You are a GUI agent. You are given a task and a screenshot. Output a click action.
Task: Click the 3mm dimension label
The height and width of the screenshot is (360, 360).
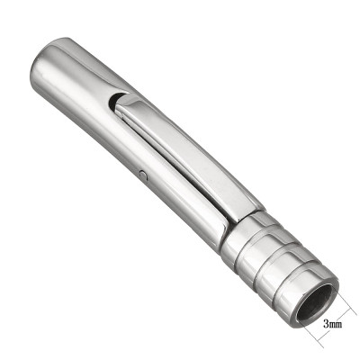tap(331, 319)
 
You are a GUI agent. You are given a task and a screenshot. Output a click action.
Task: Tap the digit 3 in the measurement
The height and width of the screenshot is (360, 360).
tap(324, 319)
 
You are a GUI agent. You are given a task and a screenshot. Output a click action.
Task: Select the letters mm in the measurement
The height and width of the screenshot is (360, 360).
tap(335, 319)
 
